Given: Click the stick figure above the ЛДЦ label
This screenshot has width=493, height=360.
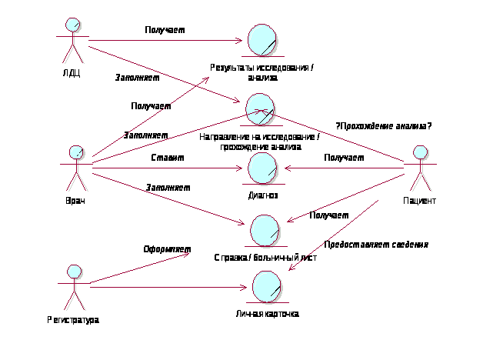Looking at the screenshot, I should click(x=72, y=42).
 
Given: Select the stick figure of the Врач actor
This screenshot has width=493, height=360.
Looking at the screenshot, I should click(x=75, y=168).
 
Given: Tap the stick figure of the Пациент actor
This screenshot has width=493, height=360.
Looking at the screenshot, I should click(x=419, y=168).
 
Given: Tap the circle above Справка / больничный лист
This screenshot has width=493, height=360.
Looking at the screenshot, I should click(x=266, y=231).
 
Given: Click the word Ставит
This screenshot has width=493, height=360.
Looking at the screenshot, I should click(x=167, y=158).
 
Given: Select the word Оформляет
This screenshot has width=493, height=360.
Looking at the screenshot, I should click(x=167, y=249).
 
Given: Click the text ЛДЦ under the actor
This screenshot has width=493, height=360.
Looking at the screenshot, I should click(x=72, y=75).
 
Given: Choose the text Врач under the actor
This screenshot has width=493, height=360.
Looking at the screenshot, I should click(x=75, y=201).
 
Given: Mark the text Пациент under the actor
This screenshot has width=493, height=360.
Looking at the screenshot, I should click(x=420, y=201).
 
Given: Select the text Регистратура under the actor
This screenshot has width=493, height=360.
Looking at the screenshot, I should click(x=73, y=319).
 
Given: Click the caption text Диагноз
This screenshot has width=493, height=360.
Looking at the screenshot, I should click(x=262, y=195).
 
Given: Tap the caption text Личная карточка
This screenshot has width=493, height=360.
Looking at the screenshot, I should click(x=267, y=314).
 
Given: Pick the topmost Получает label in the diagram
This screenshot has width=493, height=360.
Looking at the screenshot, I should click(x=165, y=30).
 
